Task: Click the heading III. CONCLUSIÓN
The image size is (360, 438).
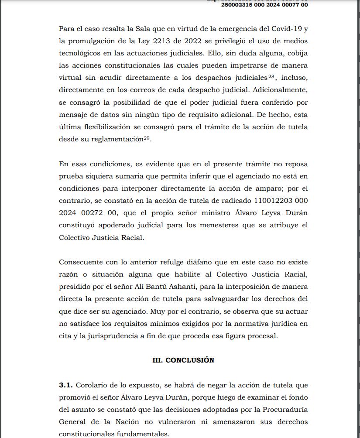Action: click(183, 360)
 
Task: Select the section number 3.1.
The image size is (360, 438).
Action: click(66, 385)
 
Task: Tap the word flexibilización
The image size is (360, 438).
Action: click(103, 127)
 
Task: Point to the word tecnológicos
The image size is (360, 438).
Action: click(83, 53)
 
